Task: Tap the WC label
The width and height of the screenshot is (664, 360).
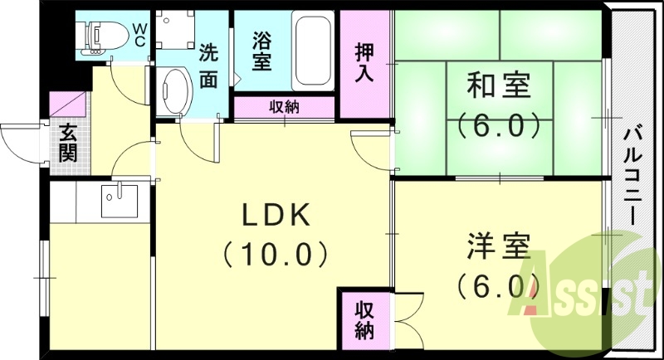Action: (x=139, y=33)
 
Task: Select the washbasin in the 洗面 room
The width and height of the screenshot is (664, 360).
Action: (x=175, y=89)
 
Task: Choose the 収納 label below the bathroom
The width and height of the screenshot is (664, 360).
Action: (x=284, y=107)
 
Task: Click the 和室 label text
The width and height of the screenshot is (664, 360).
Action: (x=498, y=85)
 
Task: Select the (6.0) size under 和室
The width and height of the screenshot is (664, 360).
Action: (x=498, y=126)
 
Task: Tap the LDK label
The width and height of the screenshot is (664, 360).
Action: (x=276, y=216)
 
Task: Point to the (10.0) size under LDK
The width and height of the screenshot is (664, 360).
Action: (x=276, y=253)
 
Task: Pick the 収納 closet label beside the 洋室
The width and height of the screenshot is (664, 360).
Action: (x=364, y=321)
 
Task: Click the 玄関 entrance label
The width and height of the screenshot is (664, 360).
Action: (x=66, y=144)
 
